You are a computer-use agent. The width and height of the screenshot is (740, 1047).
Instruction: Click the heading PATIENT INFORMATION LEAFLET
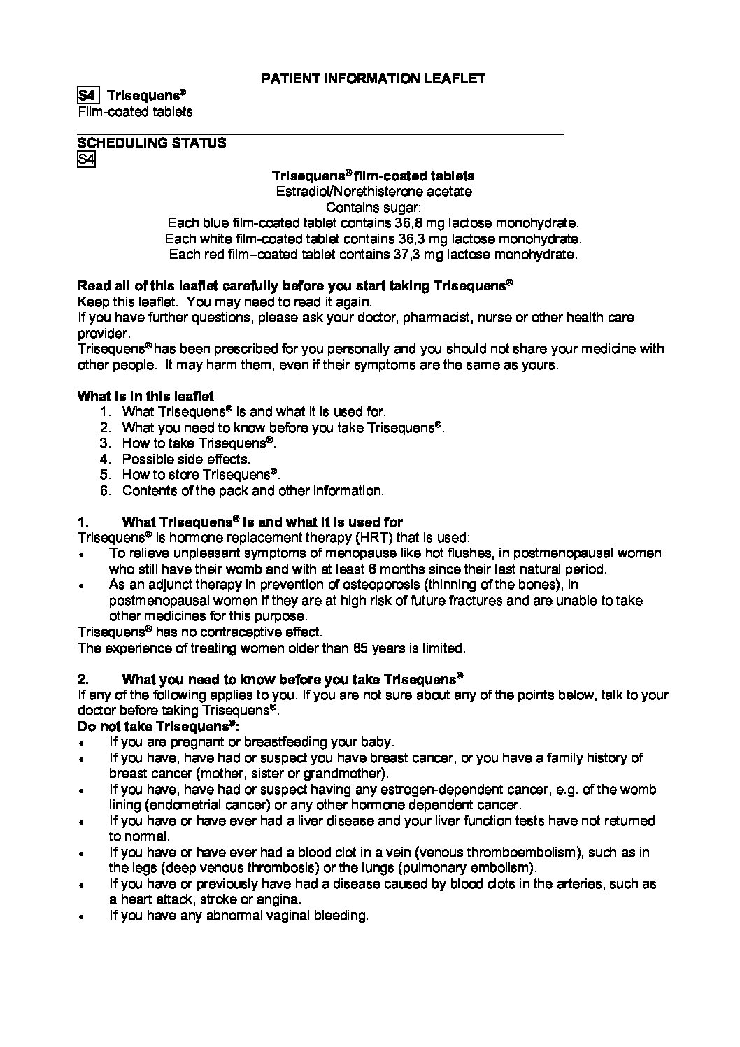point(373,79)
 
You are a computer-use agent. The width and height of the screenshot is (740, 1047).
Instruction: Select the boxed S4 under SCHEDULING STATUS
point(85,159)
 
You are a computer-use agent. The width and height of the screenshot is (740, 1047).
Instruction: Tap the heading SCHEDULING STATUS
point(152,143)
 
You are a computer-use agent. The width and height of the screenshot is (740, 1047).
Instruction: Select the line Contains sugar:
point(373,207)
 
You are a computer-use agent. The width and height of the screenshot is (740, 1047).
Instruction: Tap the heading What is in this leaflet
point(145,396)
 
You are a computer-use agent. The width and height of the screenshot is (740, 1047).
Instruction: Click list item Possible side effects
point(186,460)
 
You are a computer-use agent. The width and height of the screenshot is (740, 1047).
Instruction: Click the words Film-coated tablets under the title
point(135,112)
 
